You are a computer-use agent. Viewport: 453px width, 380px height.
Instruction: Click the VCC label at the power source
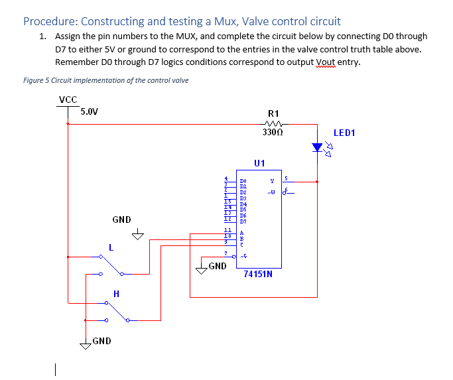(68, 99)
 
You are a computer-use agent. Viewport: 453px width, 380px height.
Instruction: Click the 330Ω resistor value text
(273, 133)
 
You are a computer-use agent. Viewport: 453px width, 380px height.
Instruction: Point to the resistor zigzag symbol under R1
(273, 123)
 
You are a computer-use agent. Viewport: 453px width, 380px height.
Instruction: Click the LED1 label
(344, 133)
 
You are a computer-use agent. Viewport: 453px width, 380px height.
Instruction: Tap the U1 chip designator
(259, 163)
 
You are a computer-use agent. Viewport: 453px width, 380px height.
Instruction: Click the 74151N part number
(258, 273)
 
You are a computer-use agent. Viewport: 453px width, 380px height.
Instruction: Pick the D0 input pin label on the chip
(243, 180)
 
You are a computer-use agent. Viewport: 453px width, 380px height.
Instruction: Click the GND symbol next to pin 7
(202, 267)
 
